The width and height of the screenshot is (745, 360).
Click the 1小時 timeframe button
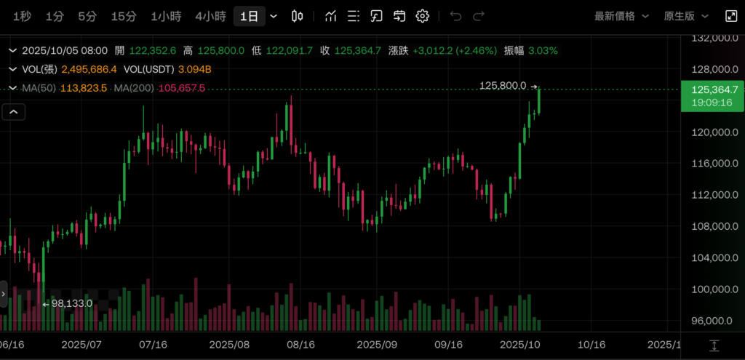point(166,16)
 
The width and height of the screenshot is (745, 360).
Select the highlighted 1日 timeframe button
point(249,16)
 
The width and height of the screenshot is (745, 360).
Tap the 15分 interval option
point(123,16)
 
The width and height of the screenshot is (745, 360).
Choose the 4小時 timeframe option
point(210,16)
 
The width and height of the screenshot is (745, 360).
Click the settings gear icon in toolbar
point(423,16)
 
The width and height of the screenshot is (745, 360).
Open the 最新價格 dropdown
point(619,16)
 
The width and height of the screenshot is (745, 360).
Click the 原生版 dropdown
point(684,16)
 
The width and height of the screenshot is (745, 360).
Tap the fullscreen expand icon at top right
point(730,16)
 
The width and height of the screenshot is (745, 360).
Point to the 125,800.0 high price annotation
point(503,86)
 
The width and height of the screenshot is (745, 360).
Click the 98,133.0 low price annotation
point(71,303)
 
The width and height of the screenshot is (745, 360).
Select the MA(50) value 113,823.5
point(84,88)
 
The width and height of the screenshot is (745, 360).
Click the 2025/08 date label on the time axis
point(229,344)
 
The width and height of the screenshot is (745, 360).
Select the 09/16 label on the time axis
point(449,344)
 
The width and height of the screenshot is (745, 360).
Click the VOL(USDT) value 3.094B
point(194,69)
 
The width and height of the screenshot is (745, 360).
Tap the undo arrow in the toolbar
point(455,16)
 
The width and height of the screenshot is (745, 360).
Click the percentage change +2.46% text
point(476,51)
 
